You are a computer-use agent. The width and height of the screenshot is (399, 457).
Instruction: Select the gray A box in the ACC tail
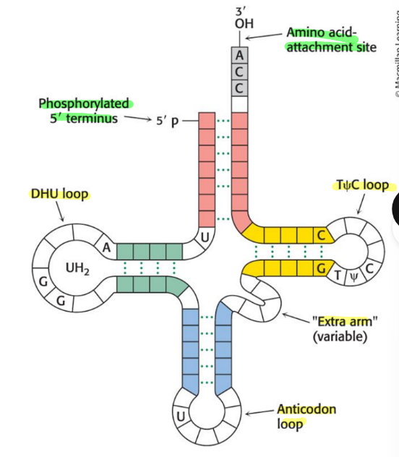240,55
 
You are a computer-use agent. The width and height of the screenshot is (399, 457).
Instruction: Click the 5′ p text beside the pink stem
166,119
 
